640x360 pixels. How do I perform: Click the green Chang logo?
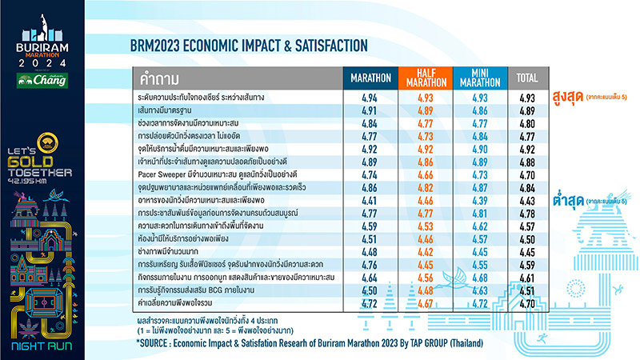(x=45, y=81)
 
